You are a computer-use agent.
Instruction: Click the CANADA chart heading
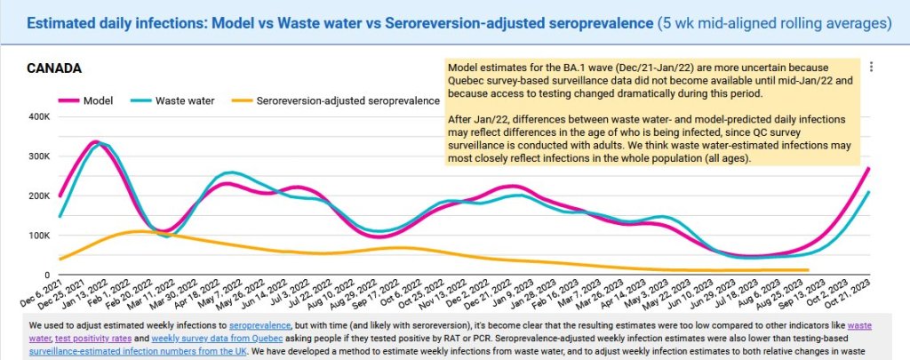[x=54, y=68]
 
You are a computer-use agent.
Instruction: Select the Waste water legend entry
[x=184, y=100]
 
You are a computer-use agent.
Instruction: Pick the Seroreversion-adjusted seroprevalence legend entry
[x=347, y=100]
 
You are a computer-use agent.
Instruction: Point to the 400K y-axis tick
[x=38, y=116]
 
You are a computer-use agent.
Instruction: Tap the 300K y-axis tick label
[x=38, y=156]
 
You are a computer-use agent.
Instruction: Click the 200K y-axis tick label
[x=38, y=196]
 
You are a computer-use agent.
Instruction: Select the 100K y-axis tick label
[x=38, y=236]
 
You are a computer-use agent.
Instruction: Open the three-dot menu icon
[x=873, y=67]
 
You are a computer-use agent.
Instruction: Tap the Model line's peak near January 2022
[x=94, y=141]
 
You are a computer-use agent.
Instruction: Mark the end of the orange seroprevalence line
[x=808, y=269]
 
